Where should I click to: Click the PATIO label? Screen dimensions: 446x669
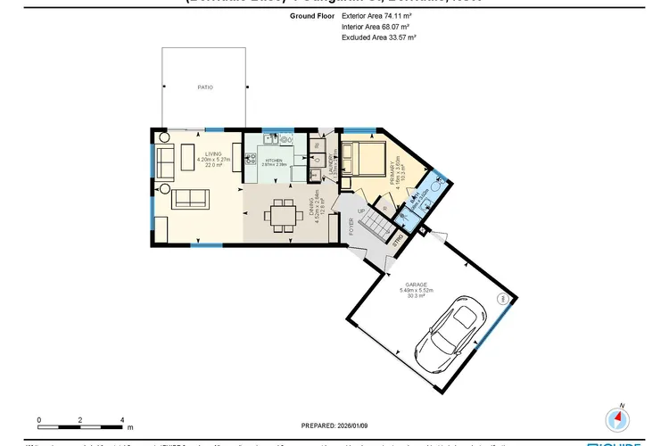205,87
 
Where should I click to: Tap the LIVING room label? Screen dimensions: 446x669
211,153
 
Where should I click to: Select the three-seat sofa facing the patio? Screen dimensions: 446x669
189,197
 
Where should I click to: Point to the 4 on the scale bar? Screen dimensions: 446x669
121,419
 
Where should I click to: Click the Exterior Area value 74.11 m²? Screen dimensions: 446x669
399,16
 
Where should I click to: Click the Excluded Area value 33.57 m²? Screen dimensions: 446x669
400,37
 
